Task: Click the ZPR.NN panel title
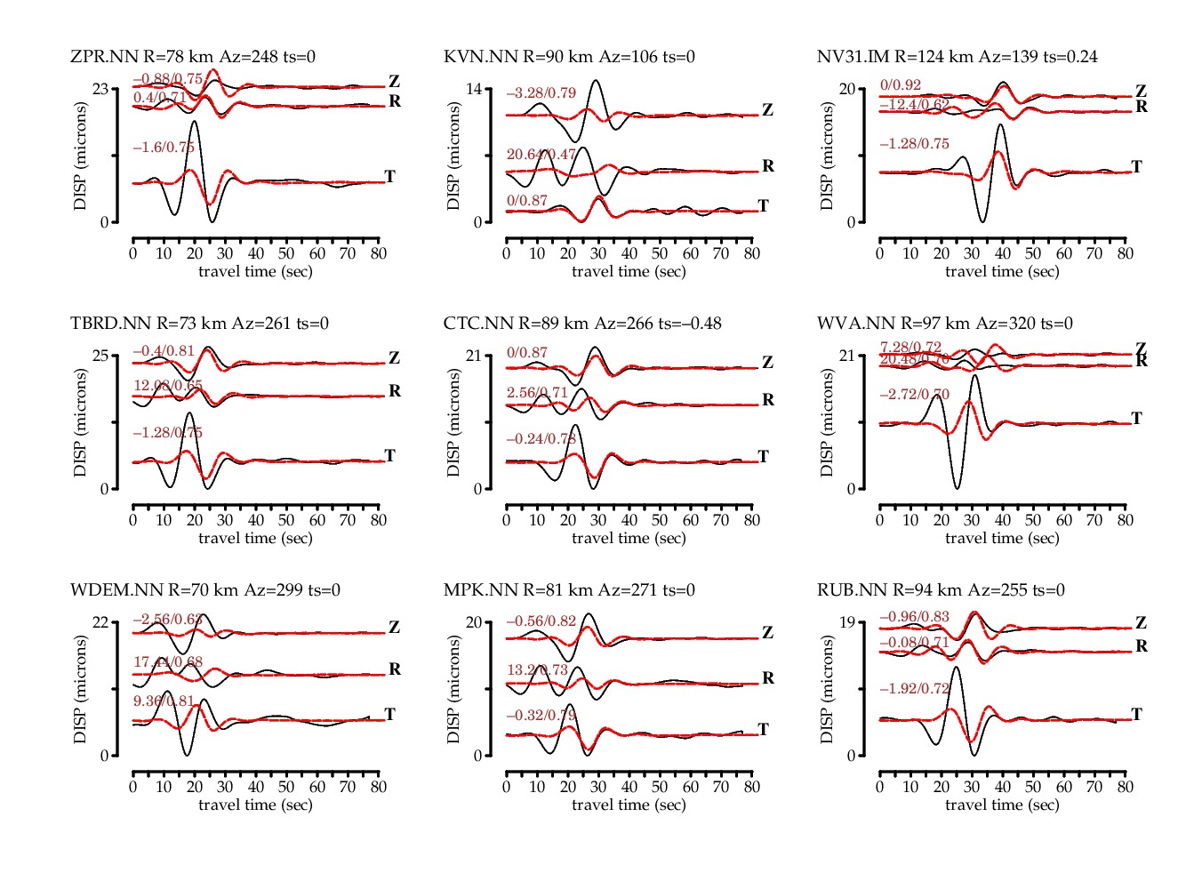pyautogui.click(x=193, y=57)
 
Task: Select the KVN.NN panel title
pyautogui.click(x=569, y=57)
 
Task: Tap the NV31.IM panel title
pyautogui.click(x=957, y=57)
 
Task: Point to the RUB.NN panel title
pyautogui.click(x=941, y=590)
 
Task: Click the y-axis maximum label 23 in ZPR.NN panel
pyautogui.click(x=100, y=89)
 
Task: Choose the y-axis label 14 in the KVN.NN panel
pyautogui.click(x=474, y=89)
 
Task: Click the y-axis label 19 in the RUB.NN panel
pyautogui.click(x=847, y=622)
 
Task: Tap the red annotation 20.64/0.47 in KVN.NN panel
pyautogui.click(x=541, y=155)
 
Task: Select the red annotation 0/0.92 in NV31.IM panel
pyautogui.click(x=900, y=85)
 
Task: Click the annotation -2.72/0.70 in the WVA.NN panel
pyautogui.click(x=914, y=395)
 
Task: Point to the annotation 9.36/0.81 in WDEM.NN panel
pyautogui.click(x=164, y=701)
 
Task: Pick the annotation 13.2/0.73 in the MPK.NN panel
pyautogui.click(x=537, y=670)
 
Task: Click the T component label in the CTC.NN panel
pyautogui.click(x=763, y=456)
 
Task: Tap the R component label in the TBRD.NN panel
pyautogui.click(x=395, y=391)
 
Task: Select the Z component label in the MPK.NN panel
pyautogui.click(x=767, y=633)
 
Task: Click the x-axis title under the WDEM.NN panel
pyautogui.click(x=255, y=805)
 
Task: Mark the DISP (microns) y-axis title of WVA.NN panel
pyautogui.click(x=826, y=422)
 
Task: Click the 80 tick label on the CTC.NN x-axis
pyautogui.click(x=751, y=520)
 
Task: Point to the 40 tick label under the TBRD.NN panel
pyautogui.click(x=255, y=520)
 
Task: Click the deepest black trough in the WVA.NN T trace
pyautogui.click(x=957, y=487)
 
